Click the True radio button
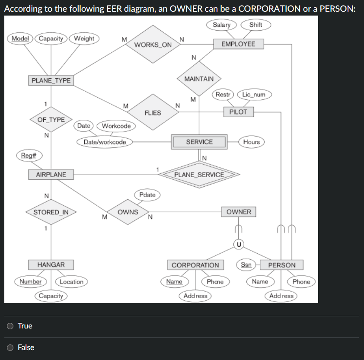coord(10,326)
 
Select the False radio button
coord(10,347)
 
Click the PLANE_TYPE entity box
coord(51,80)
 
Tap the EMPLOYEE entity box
coord(238,44)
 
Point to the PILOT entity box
coord(238,112)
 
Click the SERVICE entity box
coord(199,142)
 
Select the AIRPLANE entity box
coord(51,175)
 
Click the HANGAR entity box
coord(51,264)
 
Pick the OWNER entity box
coord(239,212)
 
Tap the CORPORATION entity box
coord(195,265)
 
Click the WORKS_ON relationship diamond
coord(153,45)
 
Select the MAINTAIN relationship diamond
coord(199,79)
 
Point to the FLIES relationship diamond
coord(153,113)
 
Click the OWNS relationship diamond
coord(128,212)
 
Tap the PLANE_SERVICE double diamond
coord(199,175)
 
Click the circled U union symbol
coord(238,245)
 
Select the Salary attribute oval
coord(221,25)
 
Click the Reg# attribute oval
coord(29,155)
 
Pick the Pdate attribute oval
coord(147,195)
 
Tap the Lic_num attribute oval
coord(254,94)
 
